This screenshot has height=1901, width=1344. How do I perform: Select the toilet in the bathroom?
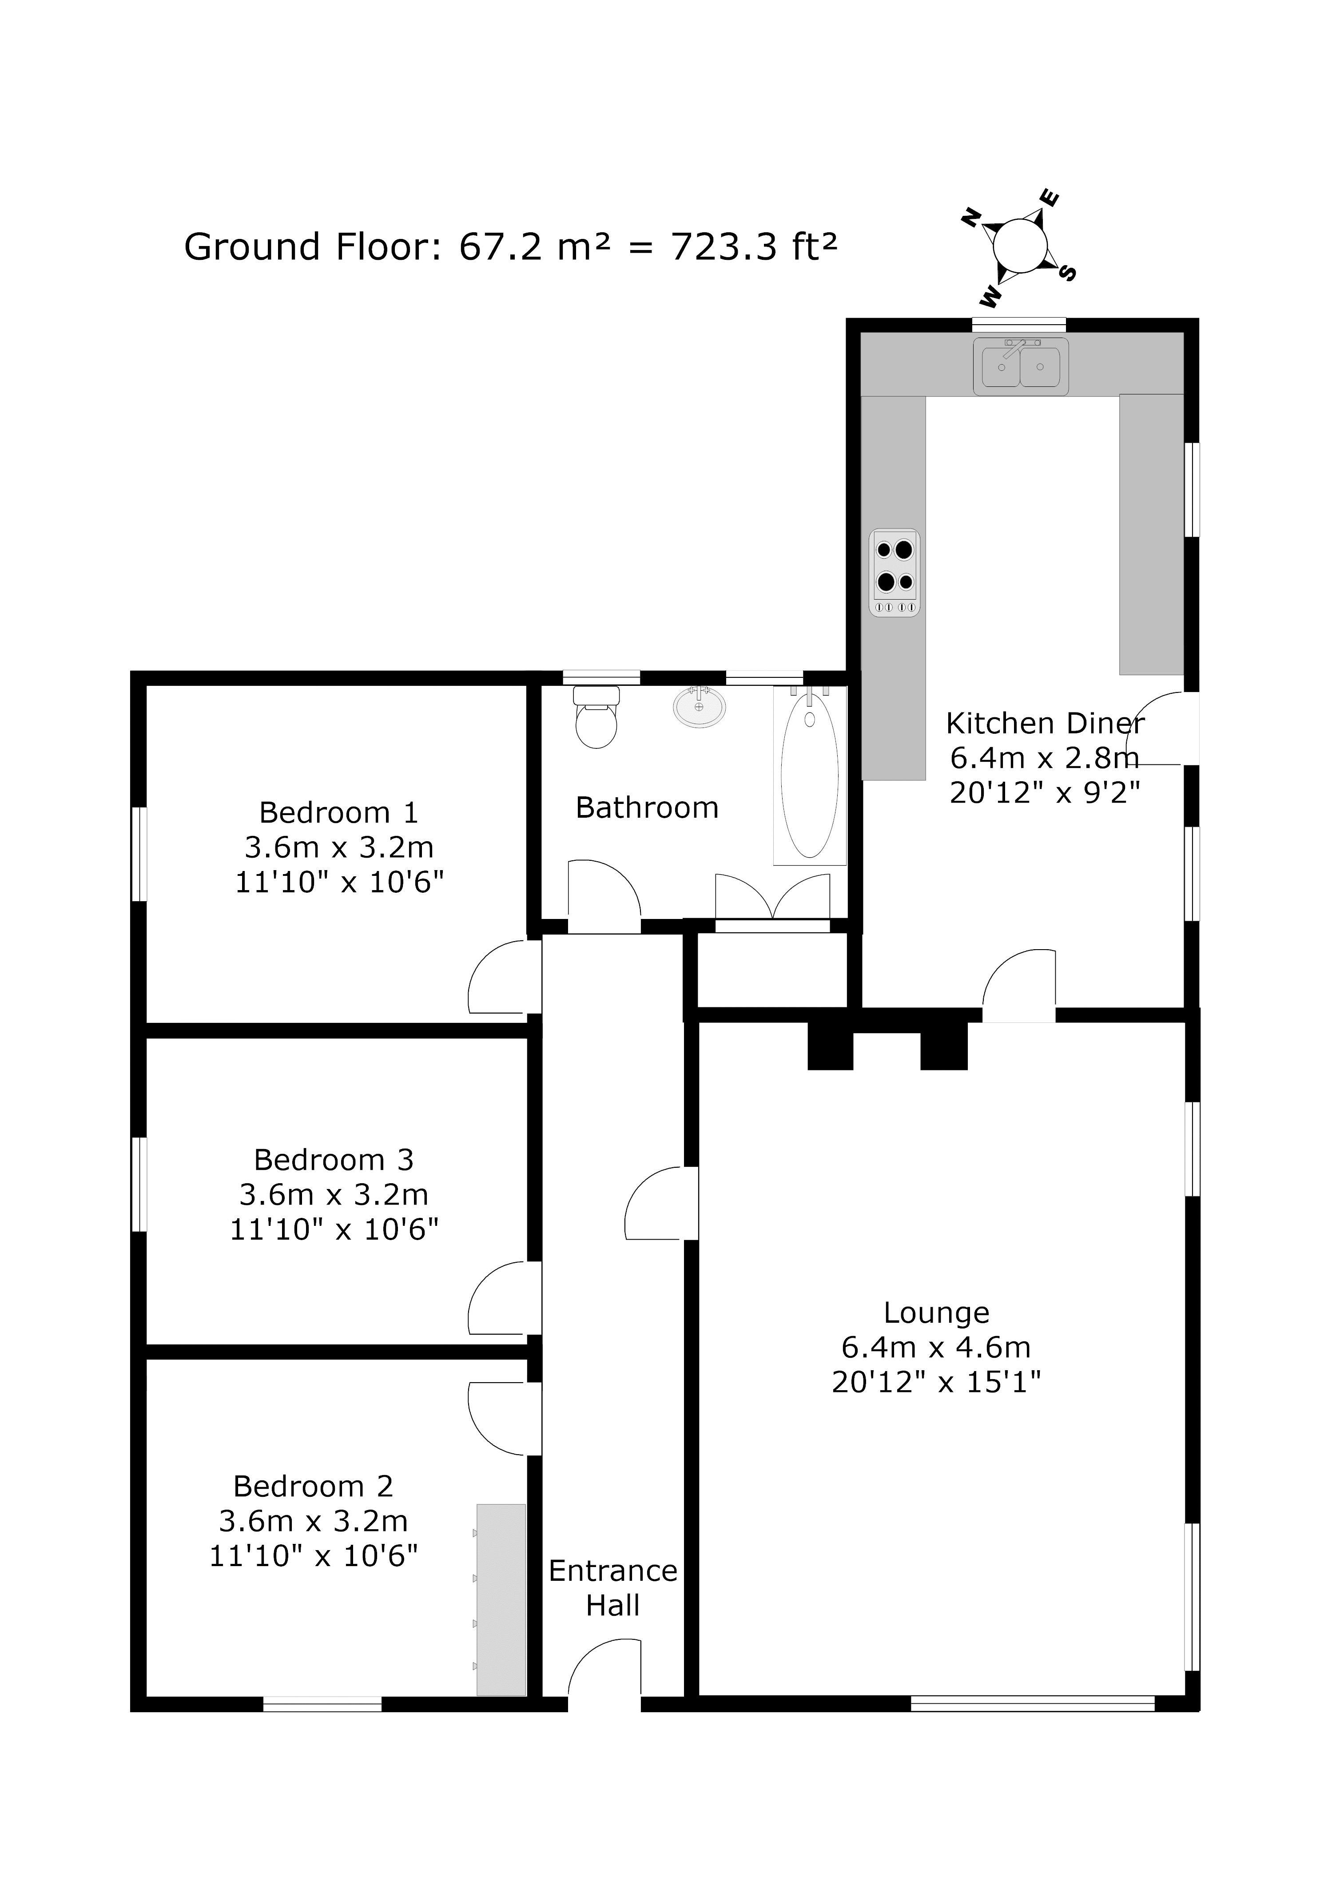tap(596, 717)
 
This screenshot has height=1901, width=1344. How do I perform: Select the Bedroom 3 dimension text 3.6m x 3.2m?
tap(334, 1195)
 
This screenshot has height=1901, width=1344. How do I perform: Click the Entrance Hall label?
tap(613, 1587)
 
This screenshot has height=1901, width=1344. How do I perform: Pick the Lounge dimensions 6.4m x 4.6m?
tap(936, 1347)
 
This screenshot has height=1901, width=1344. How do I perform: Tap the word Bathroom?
tap(647, 807)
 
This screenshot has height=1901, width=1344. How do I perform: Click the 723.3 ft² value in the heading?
tap(754, 247)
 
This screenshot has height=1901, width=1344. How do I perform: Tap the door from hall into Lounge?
tap(660, 1203)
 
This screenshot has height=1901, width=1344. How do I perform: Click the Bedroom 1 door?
tap(504, 978)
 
